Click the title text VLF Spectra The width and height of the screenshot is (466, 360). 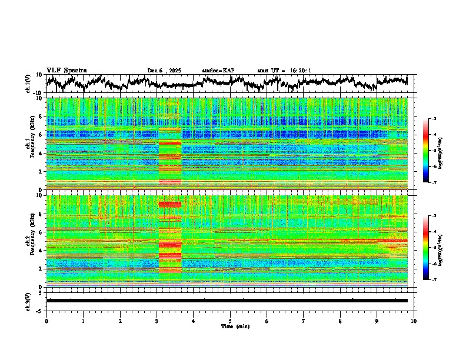tap(66, 71)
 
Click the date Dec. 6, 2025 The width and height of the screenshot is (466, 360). tap(164, 71)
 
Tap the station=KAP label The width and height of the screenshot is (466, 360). tap(218, 71)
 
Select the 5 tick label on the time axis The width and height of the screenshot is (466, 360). tap(230, 321)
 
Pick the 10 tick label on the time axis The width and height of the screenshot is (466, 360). tap(414, 321)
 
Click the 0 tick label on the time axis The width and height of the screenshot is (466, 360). tap(46, 321)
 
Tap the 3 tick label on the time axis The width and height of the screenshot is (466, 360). tap(157, 321)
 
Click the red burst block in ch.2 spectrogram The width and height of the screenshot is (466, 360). tap(170, 241)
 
